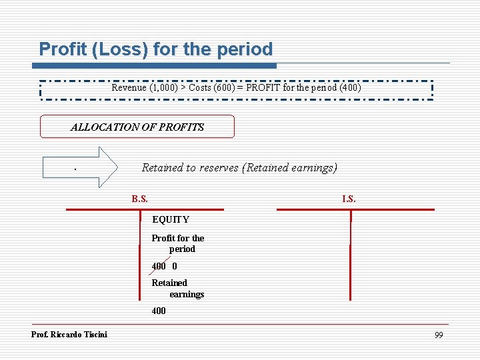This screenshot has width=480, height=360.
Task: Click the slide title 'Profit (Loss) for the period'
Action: pos(156,49)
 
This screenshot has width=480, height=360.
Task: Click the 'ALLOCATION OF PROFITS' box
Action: pos(137,127)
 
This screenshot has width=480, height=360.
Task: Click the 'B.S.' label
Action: pos(140,199)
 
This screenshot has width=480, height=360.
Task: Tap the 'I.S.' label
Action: pos(349,199)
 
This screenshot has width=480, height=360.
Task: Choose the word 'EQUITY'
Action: pos(171,219)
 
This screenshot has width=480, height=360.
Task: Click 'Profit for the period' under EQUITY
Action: pos(178,243)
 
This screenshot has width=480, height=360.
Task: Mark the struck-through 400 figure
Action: pos(159,266)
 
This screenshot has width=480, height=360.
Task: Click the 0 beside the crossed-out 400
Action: pos(175,266)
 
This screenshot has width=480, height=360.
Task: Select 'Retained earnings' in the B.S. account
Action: pos(178,288)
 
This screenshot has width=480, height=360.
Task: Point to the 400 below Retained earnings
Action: pos(159,311)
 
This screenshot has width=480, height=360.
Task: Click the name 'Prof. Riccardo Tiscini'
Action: pos(69,334)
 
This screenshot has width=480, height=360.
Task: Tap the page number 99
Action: pos(438,335)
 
